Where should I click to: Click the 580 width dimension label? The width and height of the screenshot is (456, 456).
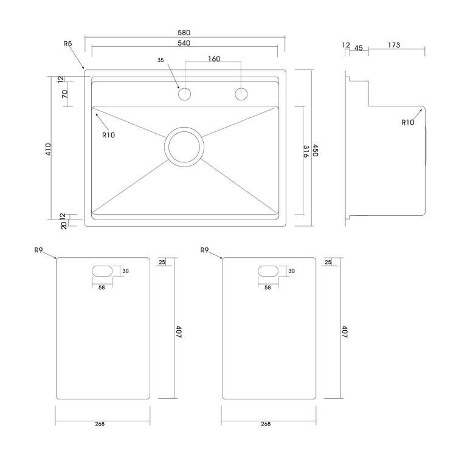tap(184, 33)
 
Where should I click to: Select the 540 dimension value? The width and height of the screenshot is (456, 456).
tap(184, 43)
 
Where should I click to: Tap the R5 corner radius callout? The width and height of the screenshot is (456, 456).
tap(67, 44)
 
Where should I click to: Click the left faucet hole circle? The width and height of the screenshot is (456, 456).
tap(184, 94)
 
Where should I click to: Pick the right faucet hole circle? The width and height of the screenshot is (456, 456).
tap(241, 94)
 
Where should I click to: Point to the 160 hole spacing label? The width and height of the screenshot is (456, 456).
tap(214, 59)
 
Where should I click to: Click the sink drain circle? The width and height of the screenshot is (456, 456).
tap(184, 147)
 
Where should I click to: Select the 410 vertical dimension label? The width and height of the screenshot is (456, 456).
tap(48, 149)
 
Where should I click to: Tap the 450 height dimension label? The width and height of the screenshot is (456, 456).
tap(315, 150)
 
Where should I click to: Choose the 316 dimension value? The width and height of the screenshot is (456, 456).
tap(306, 151)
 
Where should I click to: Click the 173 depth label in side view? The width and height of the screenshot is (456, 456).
tap(394, 45)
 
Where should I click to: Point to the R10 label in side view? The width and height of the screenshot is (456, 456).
tap(408, 122)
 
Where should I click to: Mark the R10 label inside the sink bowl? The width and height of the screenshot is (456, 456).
tap(108, 135)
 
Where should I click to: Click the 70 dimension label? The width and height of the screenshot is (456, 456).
tap(64, 94)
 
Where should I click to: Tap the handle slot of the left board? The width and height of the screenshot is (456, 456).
tap(102, 271)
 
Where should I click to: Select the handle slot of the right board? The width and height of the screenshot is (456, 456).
tap(268, 271)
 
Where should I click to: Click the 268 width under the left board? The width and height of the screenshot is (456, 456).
tap(100, 424)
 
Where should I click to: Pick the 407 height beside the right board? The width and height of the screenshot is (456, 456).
tap(344, 332)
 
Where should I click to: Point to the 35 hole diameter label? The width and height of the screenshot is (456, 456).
tap(161, 60)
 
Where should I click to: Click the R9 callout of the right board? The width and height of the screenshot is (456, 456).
tap(204, 250)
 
